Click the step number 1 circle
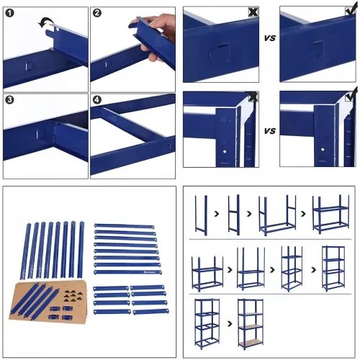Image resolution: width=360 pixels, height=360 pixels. point(9,13)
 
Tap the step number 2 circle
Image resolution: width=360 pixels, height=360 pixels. point(96,13)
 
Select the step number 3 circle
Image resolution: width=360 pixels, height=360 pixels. point(9,100)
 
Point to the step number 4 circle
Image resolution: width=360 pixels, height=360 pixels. point(96,100)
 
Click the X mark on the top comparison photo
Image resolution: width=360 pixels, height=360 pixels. point(253,12)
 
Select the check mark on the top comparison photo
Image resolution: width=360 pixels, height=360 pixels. point(351,9)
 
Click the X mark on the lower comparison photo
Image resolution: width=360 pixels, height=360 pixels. point(253,96)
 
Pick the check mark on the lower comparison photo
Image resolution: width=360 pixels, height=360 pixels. point(351,95)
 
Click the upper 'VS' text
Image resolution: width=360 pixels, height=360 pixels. point(270,38)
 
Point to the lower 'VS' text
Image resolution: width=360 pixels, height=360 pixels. point(270,131)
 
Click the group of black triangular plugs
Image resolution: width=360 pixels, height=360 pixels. point(73,295)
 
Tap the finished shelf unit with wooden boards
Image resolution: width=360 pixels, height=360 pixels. point(251,324)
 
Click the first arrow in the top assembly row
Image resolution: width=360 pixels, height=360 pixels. point(217,214)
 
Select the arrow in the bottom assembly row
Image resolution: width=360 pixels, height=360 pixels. point(230,324)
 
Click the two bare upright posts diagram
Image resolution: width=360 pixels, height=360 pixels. point(201,215)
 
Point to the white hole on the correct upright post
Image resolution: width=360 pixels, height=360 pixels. point(323,150)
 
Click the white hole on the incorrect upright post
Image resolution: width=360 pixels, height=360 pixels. point(225,152)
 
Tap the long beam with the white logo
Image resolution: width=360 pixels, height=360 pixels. point(128,272)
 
